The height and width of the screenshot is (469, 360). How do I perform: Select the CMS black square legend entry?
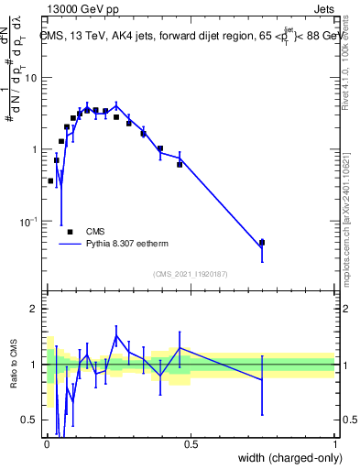[70, 233]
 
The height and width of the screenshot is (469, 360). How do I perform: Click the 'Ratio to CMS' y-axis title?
[15, 380]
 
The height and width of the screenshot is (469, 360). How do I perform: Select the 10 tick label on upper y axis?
[32, 78]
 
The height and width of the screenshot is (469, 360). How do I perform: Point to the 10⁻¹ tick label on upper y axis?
[29, 221]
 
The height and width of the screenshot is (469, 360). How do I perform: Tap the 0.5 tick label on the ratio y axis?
[31, 420]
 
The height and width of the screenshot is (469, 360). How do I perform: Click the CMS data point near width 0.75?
[262, 243]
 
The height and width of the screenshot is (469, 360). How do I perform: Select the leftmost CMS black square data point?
[50, 181]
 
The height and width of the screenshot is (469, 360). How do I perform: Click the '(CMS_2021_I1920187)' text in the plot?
[191, 274]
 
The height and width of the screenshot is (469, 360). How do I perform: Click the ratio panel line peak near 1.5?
[116, 335]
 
